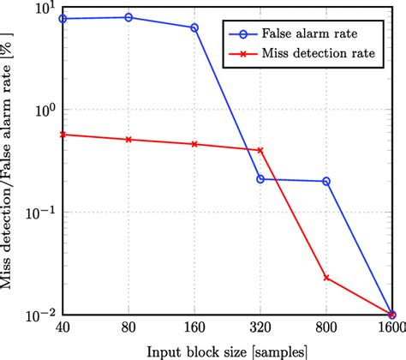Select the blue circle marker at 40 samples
click(x=63, y=18)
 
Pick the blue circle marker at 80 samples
click(x=128, y=17)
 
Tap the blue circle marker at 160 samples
click(x=194, y=27)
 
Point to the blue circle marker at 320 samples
click(x=260, y=179)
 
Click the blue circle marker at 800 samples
click(x=326, y=181)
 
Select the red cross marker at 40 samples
click(x=63, y=135)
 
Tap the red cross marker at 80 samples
click(x=128, y=139)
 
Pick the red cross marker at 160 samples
click(x=194, y=144)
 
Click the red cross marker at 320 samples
click(x=260, y=150)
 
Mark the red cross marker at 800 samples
click(x=326, y=278)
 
